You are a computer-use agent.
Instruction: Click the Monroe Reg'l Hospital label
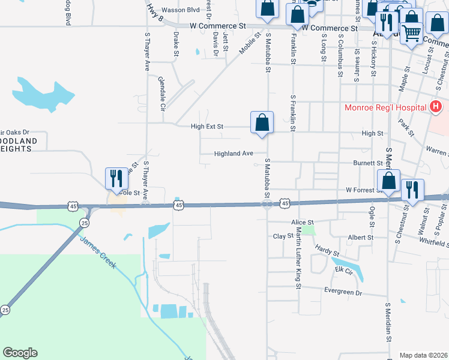pos(385,108)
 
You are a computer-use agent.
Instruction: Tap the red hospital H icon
pos(436,108)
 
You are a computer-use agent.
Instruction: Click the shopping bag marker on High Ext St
pos(262,122)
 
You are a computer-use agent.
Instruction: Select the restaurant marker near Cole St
pos(116,178)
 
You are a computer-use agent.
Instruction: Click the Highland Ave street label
pos(234,154)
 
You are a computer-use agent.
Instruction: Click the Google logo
pos(20,353)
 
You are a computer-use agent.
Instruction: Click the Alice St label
pos(303,222)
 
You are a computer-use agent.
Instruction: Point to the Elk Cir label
pos(343,270)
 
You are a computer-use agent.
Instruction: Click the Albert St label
pos(361,238)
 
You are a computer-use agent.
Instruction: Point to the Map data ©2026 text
pos(423,355)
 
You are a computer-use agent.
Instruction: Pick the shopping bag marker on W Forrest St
pos(388,180)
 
